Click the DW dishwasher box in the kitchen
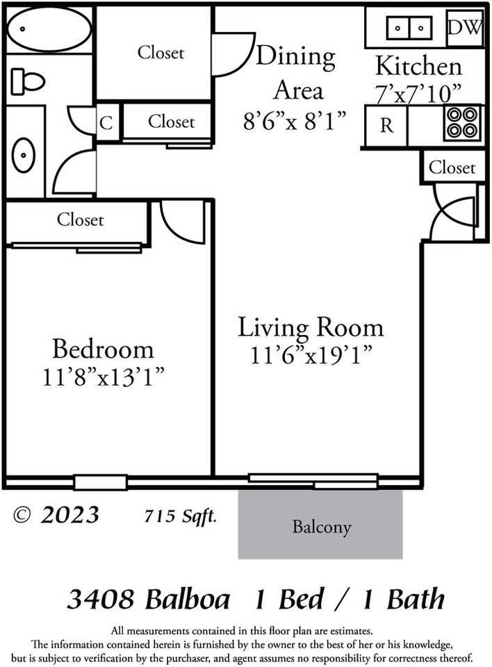click(x=464, y=28)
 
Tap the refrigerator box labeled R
click(x=386, y=126)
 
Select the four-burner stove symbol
click(x=461, y=124)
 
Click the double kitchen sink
click(x=409, y=28)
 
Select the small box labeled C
click(x=106, y=123)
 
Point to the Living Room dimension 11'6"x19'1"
click(x=311, y=354)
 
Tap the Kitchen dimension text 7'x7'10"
click(x=419, y=93)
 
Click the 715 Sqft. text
click(x=180, y=516)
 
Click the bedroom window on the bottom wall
click(x=101, y=481)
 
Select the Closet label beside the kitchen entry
click(x=452, y=167)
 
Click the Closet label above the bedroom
click(x=80, y=220)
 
